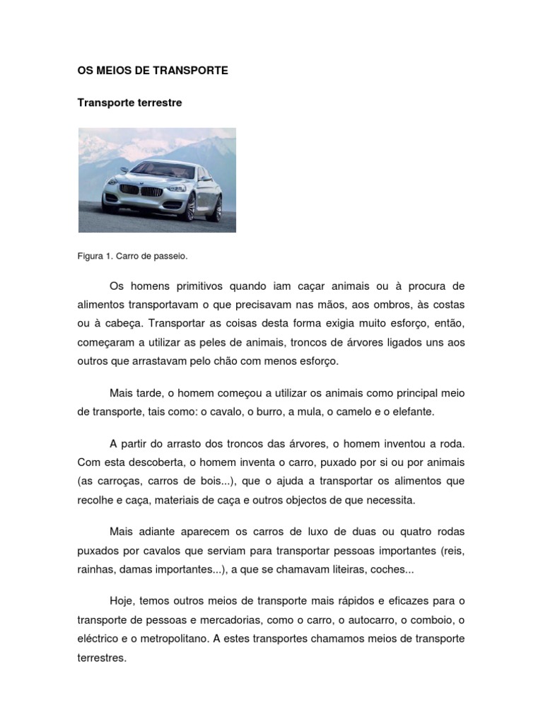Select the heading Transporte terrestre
(129, 103)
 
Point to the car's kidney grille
(140, 191)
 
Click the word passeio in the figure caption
(171, 255)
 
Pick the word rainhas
(96, 568)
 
